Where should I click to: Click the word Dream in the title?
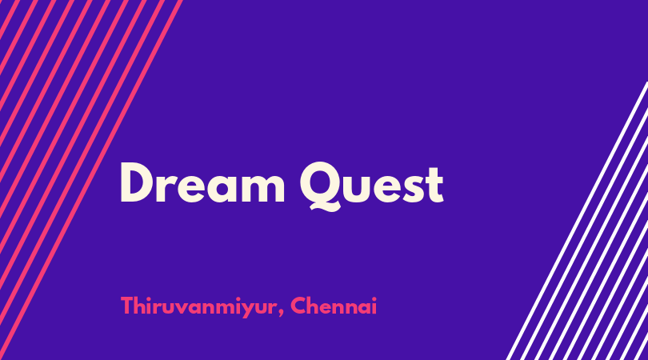coord(202,182)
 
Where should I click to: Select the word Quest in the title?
coord(371,186)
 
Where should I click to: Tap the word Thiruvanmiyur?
coord(198,307)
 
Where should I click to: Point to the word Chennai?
coord(334,306)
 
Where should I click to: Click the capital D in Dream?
coord(138,182)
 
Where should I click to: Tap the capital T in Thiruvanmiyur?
coord(128,306)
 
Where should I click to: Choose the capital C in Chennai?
coord(298,306)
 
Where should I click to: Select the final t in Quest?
coord(435,185)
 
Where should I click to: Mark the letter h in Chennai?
coord(315,306)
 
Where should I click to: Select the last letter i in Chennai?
coord(374,306)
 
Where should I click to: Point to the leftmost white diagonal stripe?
coord(577,221)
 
